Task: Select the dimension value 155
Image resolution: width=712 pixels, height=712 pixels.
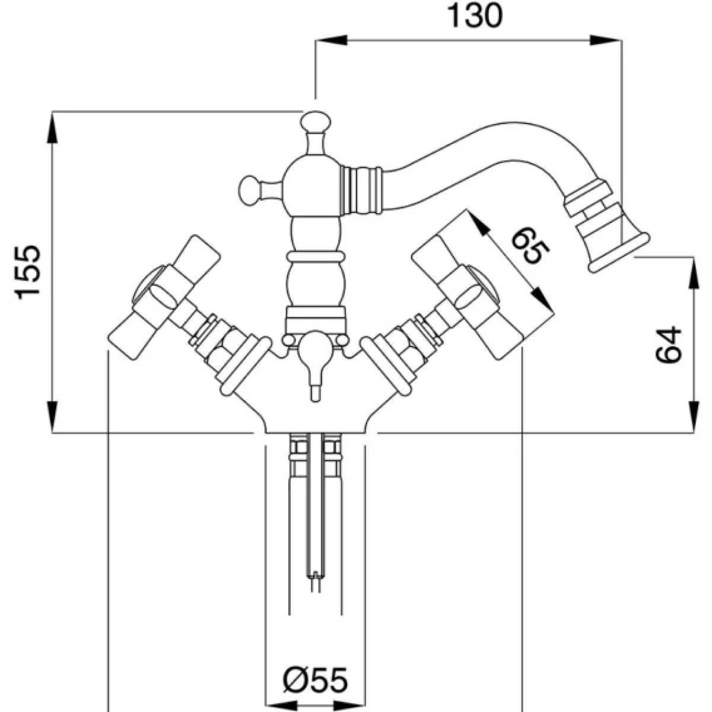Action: [28, 271]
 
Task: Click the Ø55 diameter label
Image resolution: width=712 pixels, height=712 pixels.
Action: [314, 682]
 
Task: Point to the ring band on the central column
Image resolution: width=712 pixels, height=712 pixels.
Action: [314, 257]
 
